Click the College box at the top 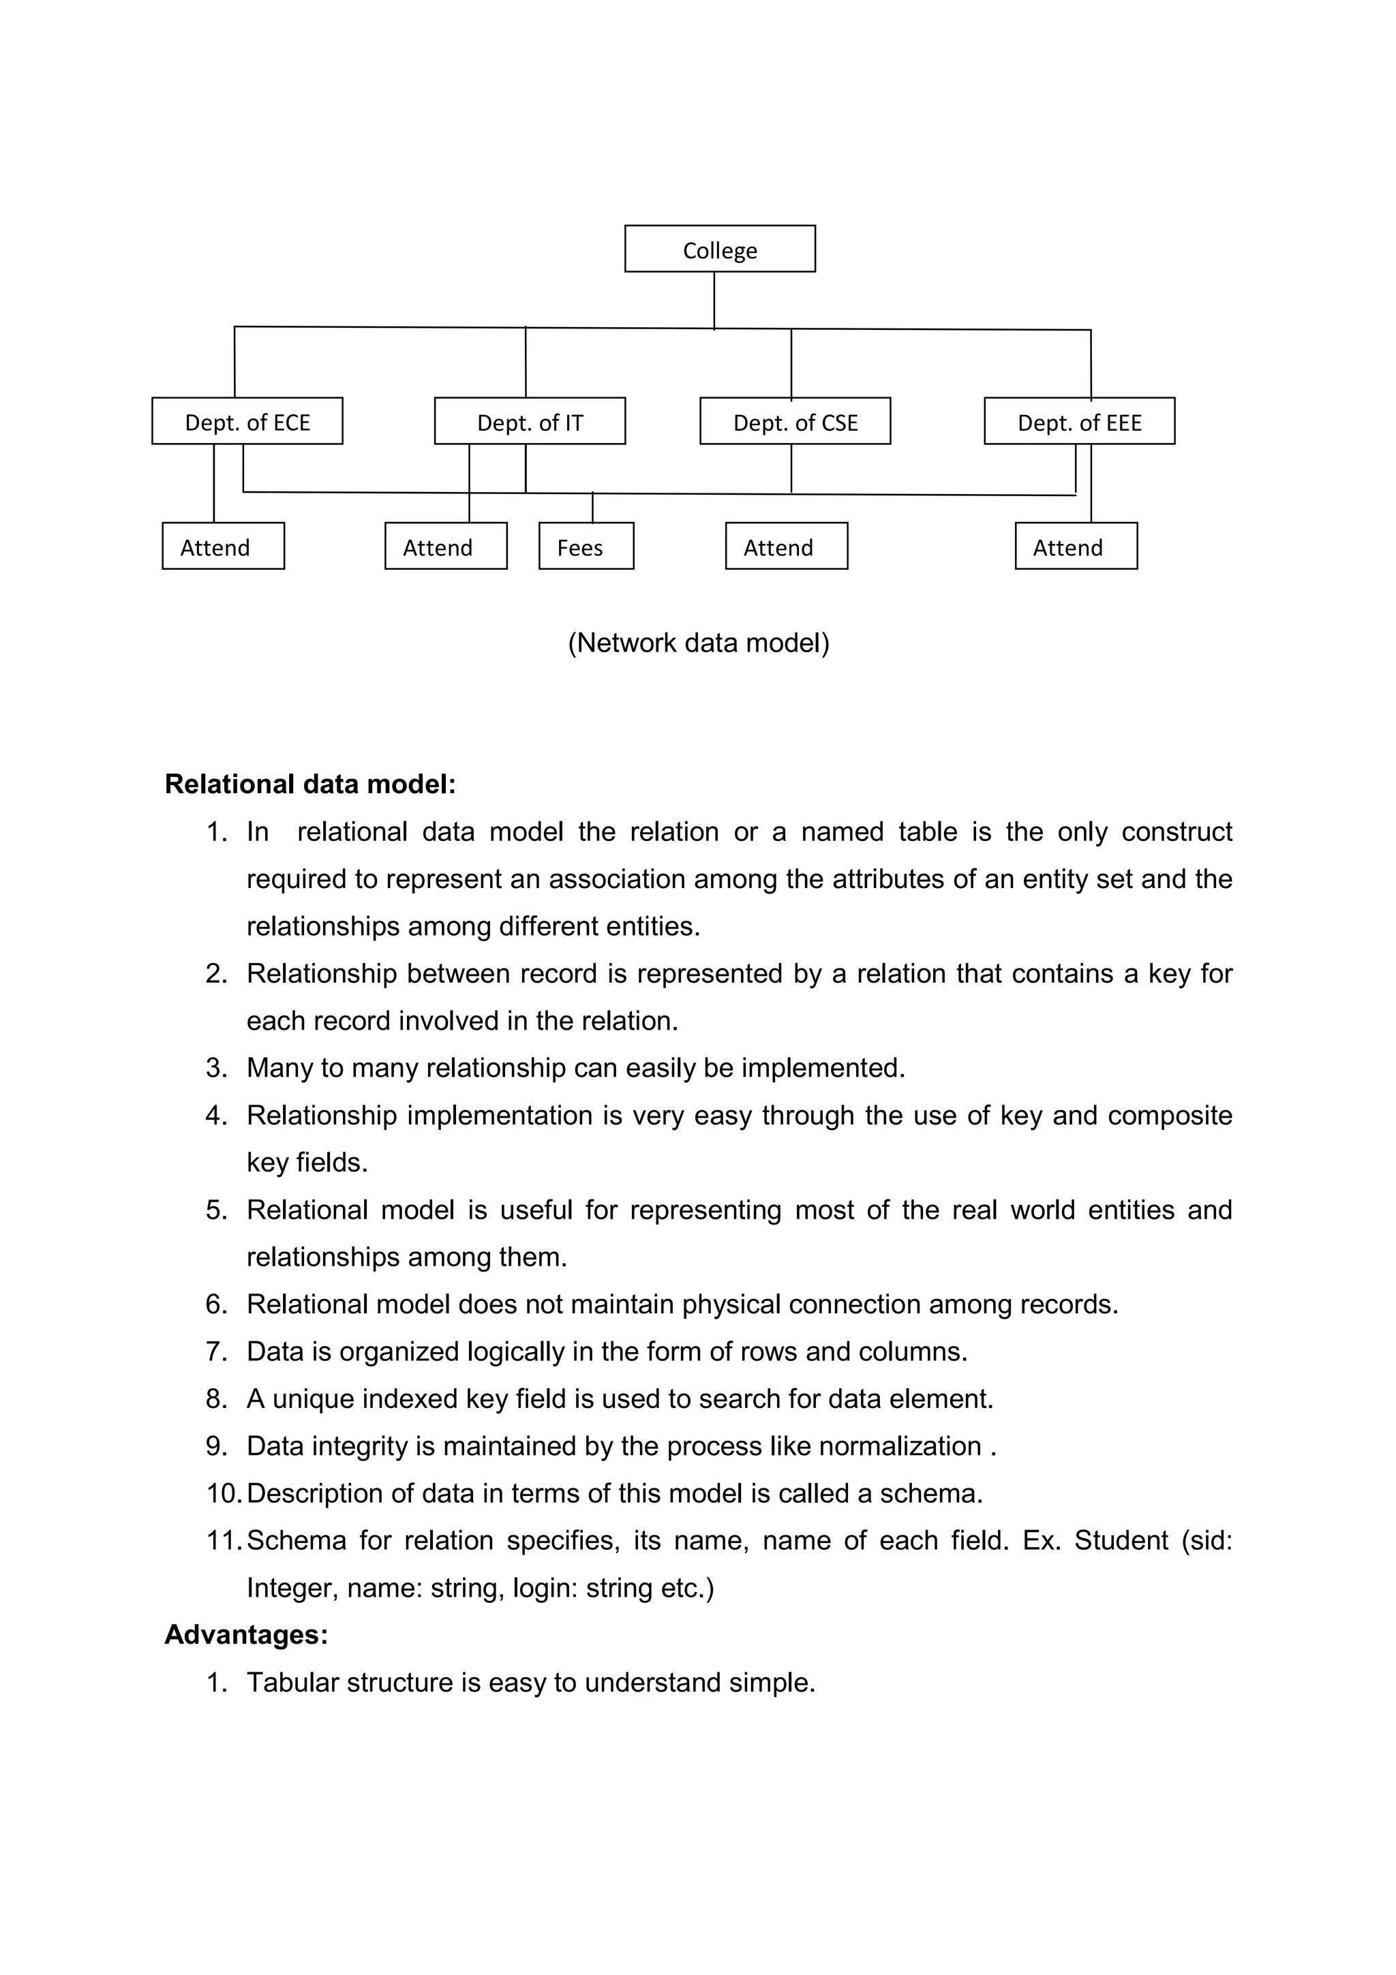coord(720,249)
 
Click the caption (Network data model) coord(699,643)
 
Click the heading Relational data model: coord(309,784)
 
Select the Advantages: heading coord(246,1634)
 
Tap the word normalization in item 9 coord(899,1447)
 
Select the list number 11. coord(223,1541)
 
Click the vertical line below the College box coord(714,301)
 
